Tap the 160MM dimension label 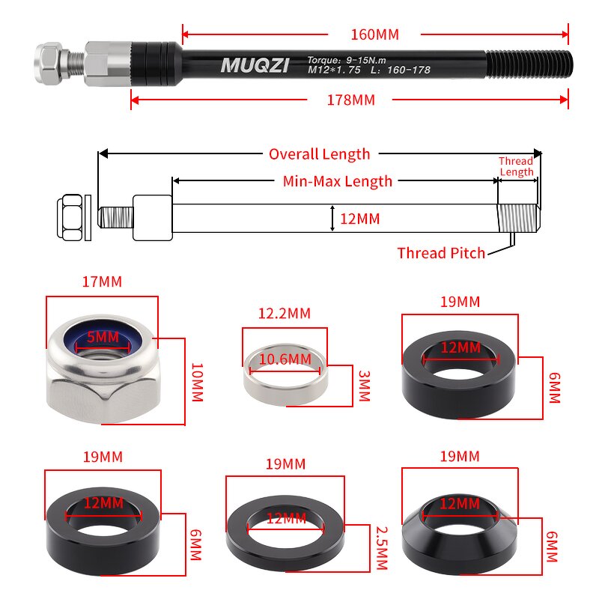tap(374, 34)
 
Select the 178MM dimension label tap(350, 100)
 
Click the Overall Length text tap(319, 154)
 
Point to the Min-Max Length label tap(337, 181)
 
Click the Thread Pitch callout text tap(441, 253)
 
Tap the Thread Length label tap(517, 166)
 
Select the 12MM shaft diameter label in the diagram tap(360, 219)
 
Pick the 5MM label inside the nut tap(103, 337)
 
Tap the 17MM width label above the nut tap(102, 282)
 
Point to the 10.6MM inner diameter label tap(285, 359)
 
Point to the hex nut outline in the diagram tap(71, 218)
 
